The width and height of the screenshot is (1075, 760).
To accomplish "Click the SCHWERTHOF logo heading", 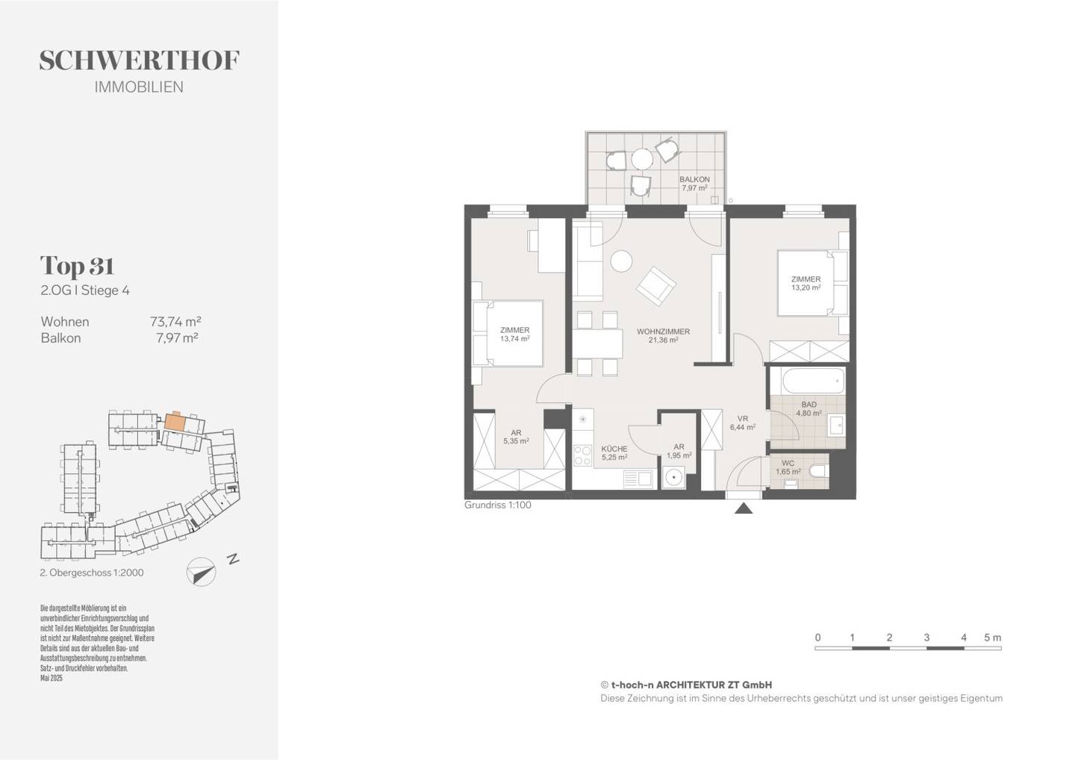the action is (139, 60).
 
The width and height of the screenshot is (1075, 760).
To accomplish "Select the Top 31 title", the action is (78, 266).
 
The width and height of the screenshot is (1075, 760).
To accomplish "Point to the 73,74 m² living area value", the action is (175, 322).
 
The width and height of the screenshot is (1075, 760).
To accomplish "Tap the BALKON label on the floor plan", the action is (694, 179).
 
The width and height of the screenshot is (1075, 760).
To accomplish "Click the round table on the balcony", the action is (642, 159).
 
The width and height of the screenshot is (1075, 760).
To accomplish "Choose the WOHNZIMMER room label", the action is (663, 331).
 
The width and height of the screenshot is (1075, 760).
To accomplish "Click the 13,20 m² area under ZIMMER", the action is (806, 288).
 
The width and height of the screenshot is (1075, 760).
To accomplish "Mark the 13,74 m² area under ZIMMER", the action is (514, 338).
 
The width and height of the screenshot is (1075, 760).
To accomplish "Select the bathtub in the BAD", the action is (813, 381).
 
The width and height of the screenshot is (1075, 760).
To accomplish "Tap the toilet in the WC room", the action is (818, 471).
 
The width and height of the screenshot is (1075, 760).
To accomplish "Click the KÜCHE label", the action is (614, 449).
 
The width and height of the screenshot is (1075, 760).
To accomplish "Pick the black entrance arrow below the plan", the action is (744, 508).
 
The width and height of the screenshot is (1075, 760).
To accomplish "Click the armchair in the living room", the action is (655, 287).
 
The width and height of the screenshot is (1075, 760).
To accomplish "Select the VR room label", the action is (743, 418).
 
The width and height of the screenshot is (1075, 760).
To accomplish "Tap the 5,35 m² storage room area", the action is (516, 441).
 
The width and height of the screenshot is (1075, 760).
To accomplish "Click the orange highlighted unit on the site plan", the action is (174, 422).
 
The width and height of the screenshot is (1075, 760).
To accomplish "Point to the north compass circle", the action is (202, 573).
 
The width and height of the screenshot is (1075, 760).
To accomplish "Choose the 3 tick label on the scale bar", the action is (926, 638).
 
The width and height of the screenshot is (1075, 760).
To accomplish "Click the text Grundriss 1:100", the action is (498, 505).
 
